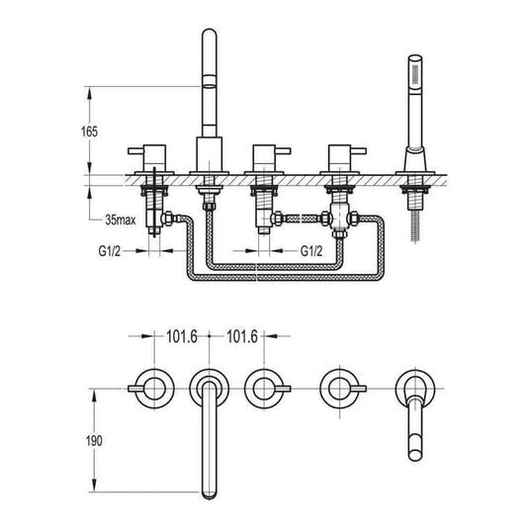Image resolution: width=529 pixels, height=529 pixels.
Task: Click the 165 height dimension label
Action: tap(89, 132)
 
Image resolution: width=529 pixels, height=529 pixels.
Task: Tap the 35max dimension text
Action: tap(121, 220)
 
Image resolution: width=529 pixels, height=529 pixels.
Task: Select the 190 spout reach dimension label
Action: tap(94, 441)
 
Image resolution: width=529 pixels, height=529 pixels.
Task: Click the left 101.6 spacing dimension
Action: tap(182, 336)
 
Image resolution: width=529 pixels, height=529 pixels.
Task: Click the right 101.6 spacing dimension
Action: tap(242, 336)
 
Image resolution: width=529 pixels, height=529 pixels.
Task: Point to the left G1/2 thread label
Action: tap(110, 251)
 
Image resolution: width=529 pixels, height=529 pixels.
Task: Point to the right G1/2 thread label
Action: tap(311, 251)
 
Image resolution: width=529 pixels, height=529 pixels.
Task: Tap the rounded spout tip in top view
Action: tap(210, 493)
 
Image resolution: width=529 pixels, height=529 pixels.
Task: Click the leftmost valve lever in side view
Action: tap(136, 151)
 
